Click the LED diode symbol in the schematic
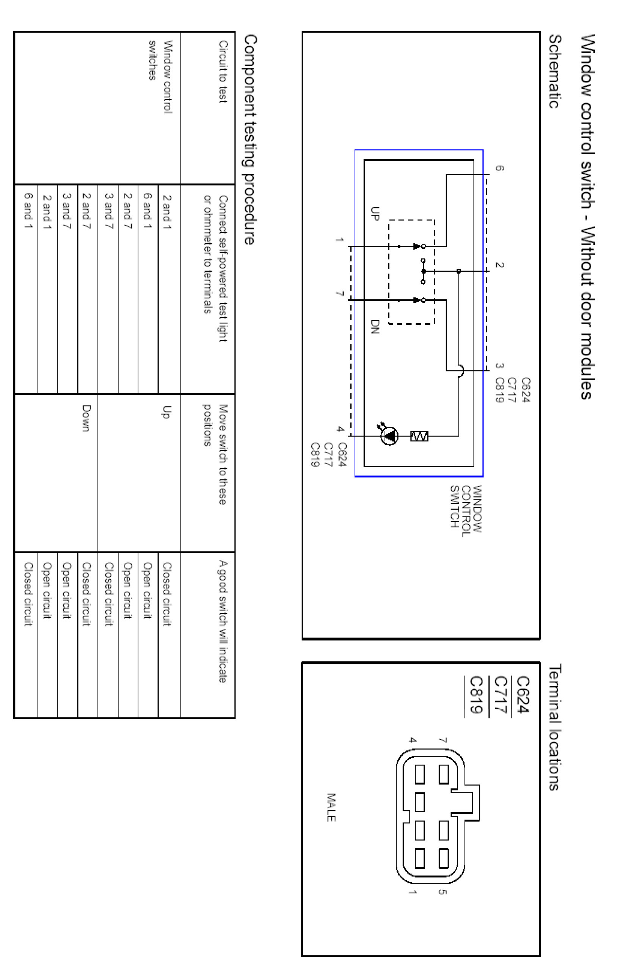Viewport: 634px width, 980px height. (x=389, y=436)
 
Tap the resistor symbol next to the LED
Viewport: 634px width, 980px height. (x=419, y=436)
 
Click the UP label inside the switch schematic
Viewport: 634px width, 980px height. (x=374, y=213)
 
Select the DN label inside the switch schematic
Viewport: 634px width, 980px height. (x=374, y=327)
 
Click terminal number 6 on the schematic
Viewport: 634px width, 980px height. (x=499, y=168)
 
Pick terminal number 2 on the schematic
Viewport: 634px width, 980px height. (x=499, y=265)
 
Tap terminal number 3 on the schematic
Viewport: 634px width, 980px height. (x=499, y=365)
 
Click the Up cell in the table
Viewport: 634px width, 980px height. (x=166, y=412)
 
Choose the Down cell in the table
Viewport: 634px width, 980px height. (x=86, y=418)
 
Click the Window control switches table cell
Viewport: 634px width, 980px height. (x=160, y=77)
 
